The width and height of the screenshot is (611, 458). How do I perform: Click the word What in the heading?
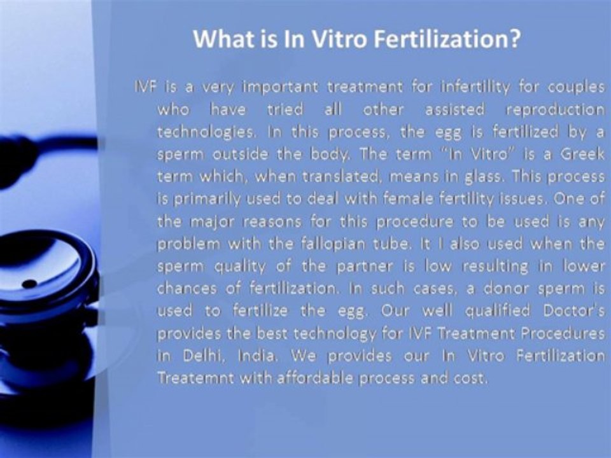218,39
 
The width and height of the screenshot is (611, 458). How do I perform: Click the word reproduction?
554,109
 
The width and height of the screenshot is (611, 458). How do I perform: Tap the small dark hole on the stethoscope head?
29,283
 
